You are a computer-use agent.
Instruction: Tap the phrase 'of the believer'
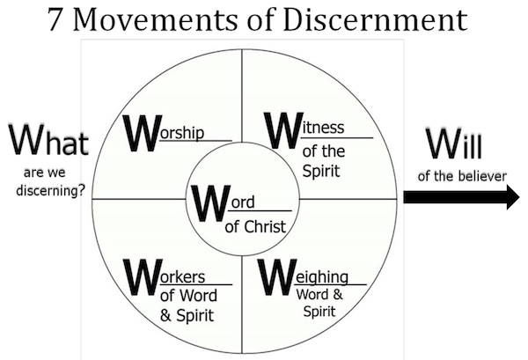[x=462, y=175]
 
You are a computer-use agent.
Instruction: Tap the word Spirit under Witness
[x=321, y=168]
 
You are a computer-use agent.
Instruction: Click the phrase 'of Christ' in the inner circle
[x=256, y=226]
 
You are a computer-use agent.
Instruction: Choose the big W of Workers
[x=143, y=276]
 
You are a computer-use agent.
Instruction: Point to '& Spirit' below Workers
[x=188, y=314]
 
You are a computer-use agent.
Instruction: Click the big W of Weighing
[x=278, y=276]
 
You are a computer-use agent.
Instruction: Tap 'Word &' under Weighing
[x=320, y=295]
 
